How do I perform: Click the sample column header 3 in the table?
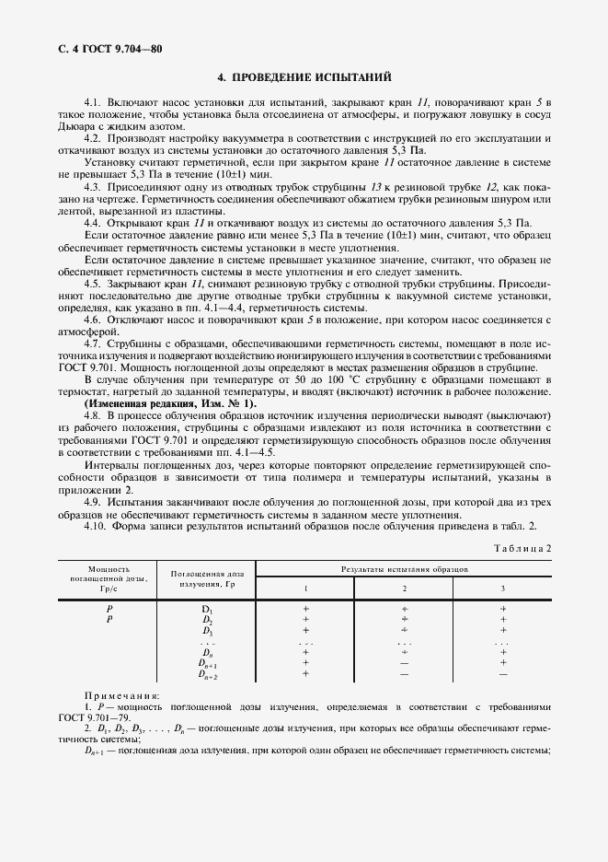(x=502, y=588)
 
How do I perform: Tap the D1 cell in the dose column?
(x=207, y=609)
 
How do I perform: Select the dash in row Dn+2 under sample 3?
(x=502, y=674)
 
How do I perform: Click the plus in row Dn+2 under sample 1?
(x=306, y=674)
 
